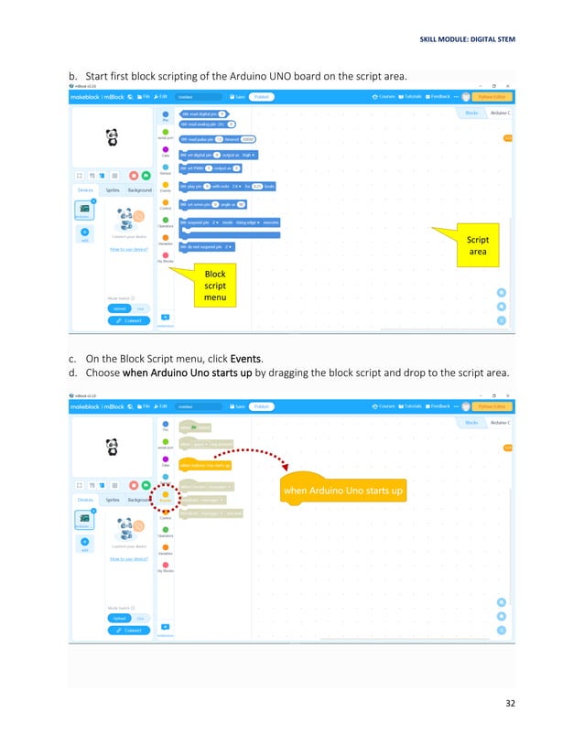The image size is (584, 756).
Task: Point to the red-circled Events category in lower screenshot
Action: tap(165, 496)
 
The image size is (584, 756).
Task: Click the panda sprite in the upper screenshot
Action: tap(113, 136)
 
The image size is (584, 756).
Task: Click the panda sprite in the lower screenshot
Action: tap(113, 446)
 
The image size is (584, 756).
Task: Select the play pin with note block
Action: tap(226, 186)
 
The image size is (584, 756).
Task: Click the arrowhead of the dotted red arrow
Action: tap(287, 469)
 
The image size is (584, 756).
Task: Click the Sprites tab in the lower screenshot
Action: tap(112, 499)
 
